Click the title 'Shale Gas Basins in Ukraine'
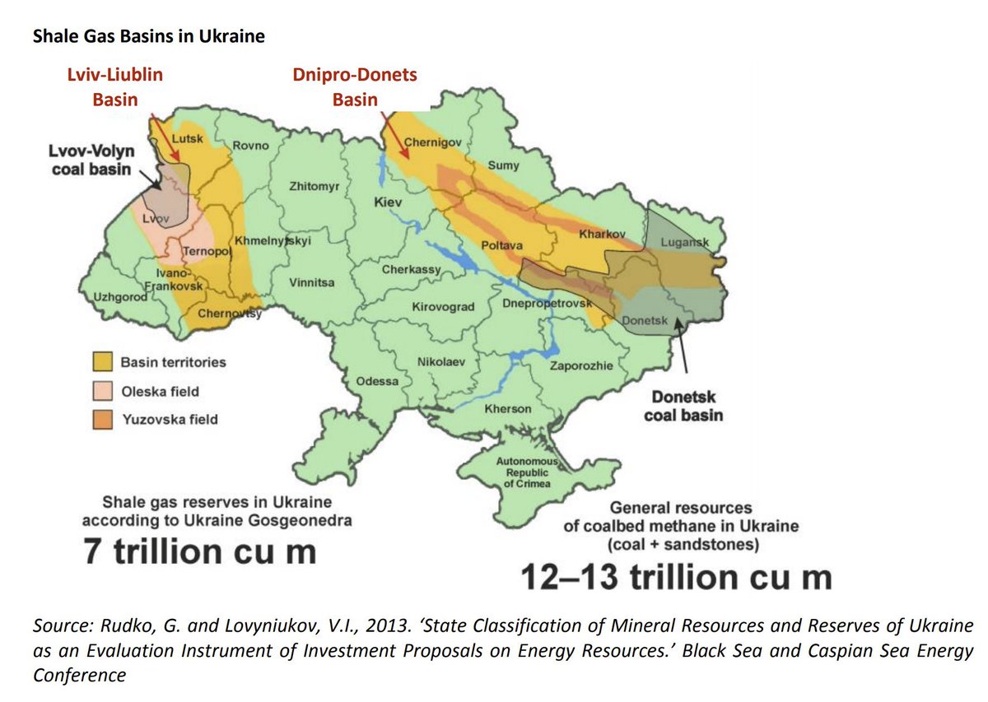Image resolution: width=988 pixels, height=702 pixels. [148, 37]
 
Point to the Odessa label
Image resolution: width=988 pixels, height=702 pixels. [377, 382]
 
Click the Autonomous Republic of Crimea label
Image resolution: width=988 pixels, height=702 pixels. [527, 473]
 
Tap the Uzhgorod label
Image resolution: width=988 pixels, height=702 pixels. [119, 296]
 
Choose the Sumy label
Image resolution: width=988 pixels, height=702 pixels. [504, 165]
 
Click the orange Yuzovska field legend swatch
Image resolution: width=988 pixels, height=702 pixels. [103, 419]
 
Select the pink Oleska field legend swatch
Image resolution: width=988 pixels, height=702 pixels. [103, 391]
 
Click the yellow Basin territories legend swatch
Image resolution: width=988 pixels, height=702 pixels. [103, 362]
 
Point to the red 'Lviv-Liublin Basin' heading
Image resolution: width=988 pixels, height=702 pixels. [115, 87]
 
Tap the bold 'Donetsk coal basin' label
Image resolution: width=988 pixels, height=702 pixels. [683, 406]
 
